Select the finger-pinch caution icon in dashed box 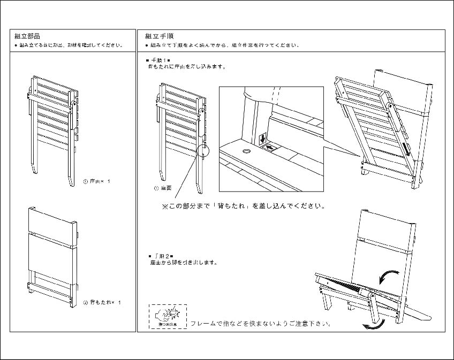[168, 316]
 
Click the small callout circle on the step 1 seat [203, 150]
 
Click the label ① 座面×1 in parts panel [97, 182]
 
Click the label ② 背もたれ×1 [102, 303]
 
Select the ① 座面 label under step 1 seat [163, 189]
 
